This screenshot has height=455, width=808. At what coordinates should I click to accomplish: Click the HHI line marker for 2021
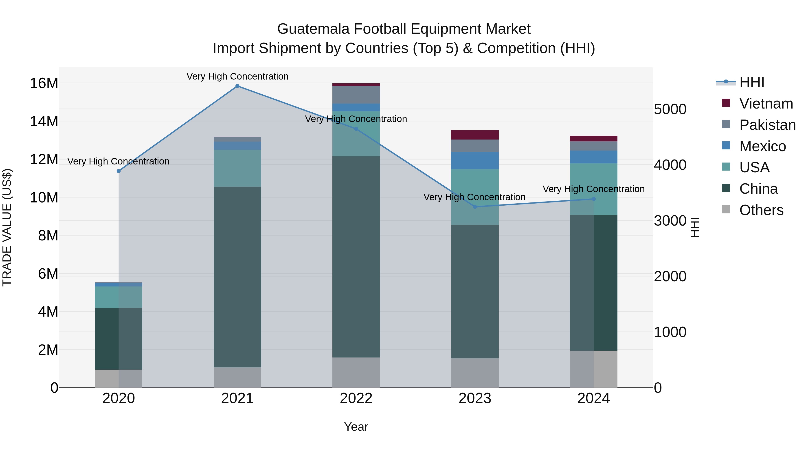click(237, 86)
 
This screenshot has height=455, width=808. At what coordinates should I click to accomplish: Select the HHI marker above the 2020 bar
click(119, 171)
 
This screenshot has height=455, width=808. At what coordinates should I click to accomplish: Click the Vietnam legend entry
click(766, 104)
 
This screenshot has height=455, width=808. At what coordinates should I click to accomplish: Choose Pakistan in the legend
click(767, 125)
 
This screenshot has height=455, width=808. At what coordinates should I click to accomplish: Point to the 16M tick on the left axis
click(44, 84)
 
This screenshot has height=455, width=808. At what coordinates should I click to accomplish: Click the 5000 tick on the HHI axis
click(670, 110)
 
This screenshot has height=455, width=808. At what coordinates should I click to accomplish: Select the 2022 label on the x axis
click(356, 398)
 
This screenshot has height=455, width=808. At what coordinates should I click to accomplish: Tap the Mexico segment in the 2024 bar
click(593, 157)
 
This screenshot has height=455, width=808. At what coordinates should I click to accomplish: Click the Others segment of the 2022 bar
click(356, 372)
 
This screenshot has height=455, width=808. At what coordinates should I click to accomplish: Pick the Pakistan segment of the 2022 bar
click(356, 95)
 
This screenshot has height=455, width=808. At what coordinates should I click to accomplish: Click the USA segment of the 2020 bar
click(119, 297)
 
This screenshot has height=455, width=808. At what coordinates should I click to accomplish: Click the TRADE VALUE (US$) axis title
click(7, 227)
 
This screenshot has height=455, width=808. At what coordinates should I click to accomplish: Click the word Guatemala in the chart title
click(313, 29)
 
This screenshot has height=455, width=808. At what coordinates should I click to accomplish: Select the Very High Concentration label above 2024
click(593, 189)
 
